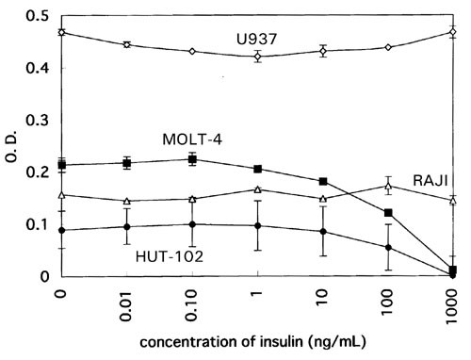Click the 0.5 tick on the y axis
coord(37,17)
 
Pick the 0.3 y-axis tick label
coord(37,121)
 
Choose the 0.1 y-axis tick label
coord(37,224)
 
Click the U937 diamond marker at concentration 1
coord(257,57)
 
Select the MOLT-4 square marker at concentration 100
coord(388,213)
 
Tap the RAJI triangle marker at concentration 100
coord(388,186)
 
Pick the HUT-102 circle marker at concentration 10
coord(323,232)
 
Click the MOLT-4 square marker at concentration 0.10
coord(192,159)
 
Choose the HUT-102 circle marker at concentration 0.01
coord(127,226)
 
